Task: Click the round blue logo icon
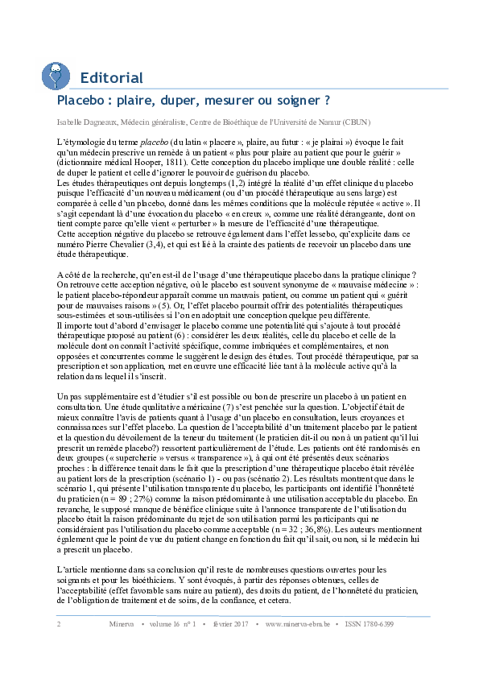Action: (x=56, y=76)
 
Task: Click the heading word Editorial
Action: (x=111, y=78)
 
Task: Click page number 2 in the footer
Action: (x=59, y=624)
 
